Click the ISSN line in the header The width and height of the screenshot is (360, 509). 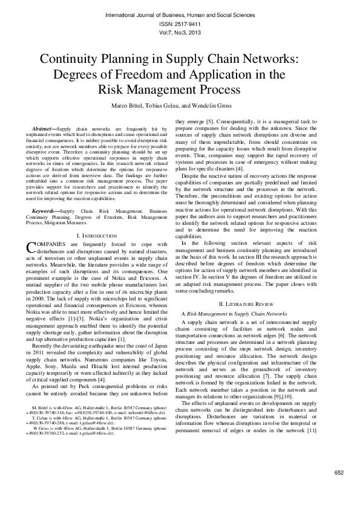point(180,24)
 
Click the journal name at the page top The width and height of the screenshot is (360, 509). point(180,14)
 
